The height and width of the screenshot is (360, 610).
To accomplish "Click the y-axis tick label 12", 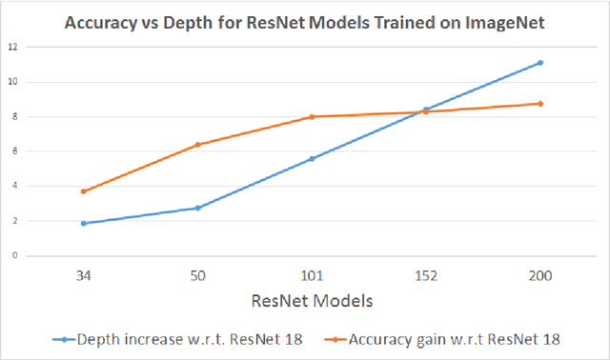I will point(11,47).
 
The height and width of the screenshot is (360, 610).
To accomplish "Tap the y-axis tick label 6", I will point(13,151).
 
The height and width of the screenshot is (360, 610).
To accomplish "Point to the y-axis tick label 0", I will point(13,256).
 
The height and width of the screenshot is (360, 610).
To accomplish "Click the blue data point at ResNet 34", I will point(84,223).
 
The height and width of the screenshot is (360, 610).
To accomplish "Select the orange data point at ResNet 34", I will point(84,191).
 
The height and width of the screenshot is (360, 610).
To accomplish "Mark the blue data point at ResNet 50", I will point(197,208).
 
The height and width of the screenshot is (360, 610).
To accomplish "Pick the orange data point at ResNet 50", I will point(197,145).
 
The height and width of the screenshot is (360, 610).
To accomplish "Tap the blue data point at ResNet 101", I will point(312,158).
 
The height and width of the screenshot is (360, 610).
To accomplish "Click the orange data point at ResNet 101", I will point(312,116).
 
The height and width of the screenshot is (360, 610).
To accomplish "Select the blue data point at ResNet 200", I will point(539,63).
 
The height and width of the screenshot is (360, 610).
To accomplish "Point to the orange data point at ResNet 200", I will point(539,103).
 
